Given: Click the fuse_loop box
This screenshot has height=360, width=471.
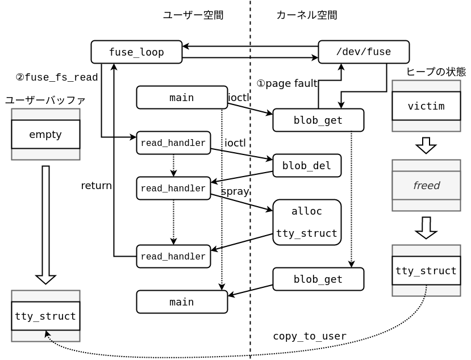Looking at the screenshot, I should pos(136,52).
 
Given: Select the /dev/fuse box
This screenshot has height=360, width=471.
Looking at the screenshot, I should pos(364,52).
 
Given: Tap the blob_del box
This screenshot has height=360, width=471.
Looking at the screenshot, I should pos(307,165).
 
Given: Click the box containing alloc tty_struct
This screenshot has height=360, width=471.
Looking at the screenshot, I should pos(307,222).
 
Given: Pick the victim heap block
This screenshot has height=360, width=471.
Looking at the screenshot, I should pos(426,106).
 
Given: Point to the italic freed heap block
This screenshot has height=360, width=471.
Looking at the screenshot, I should pos(426,185).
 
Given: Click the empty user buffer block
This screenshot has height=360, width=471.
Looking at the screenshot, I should pos(45,134).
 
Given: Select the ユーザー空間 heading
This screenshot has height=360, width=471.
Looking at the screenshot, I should pos(193,15).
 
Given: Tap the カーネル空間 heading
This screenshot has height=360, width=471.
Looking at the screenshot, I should pos(307,15).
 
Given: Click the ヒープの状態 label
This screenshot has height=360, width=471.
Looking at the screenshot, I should pos(436,72).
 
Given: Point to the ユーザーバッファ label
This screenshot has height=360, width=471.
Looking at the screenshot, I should pos(45,101).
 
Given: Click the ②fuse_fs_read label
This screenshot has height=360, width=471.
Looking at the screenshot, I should pos(57,77).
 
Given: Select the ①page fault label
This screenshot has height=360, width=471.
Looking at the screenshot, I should pos(287,83).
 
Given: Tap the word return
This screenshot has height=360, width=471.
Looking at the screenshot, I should pos(96,186).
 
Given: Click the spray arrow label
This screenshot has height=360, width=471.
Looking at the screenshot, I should pos(235,191).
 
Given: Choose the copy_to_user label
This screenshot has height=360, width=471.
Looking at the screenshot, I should pos(310,336).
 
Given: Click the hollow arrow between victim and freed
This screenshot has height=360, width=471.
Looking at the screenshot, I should pos(426,145).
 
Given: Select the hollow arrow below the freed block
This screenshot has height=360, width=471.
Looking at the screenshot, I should pos(426,227).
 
